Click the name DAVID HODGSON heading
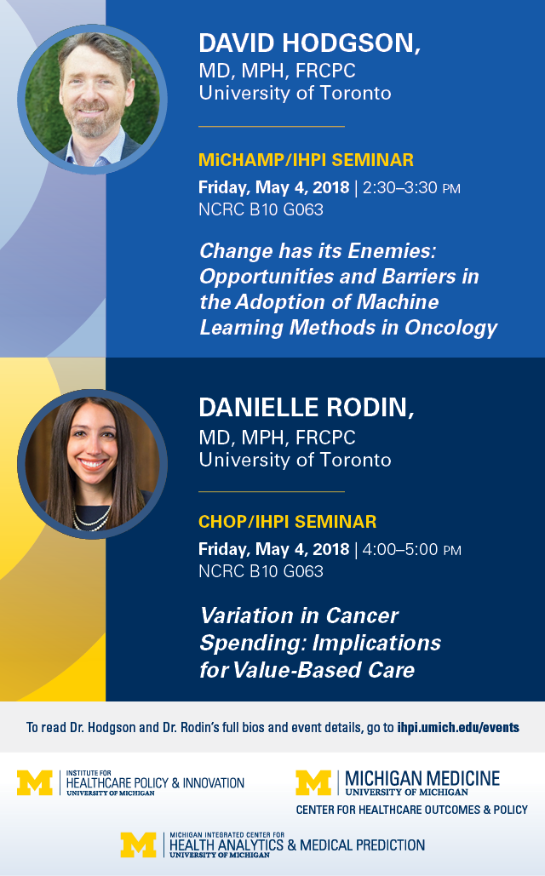(309, 43)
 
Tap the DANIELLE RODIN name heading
(307, 407)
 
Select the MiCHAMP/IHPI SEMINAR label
(306, 160)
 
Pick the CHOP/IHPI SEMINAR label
(287, 521)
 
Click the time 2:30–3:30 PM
(411, 187)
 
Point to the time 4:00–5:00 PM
(411, 549)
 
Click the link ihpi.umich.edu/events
(458, 727)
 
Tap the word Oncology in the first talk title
(450, 328)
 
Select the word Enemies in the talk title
(391, 251)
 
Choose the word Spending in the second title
(253, 643)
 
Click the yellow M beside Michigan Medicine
(313, 782)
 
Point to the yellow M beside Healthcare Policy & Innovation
(35, 782)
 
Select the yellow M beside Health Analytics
(138, 845)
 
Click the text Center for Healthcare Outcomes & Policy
(412, 810)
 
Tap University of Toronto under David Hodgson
(295, 93)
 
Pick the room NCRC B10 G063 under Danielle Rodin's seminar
(261, 571)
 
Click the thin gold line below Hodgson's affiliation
(272, 127)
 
